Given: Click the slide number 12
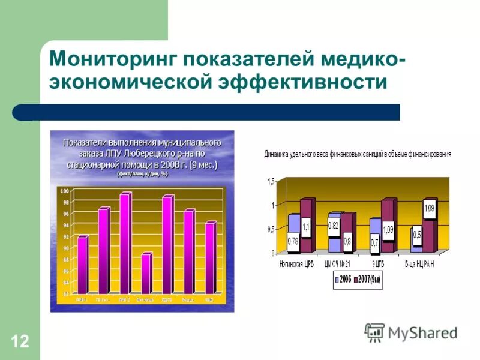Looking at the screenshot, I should point(19,342).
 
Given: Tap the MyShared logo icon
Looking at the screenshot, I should point(374,332).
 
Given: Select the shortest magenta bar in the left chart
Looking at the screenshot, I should point(146,273).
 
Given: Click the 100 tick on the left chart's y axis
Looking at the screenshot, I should point(65,190).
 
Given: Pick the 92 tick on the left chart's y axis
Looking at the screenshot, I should point(65,236).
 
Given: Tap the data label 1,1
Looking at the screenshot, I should point(306,226).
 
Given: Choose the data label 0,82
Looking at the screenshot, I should point(334,226).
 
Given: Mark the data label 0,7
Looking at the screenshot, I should point(374,242).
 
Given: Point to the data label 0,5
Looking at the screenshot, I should point(416,233).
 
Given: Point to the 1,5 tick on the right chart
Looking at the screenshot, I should point(270,181).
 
